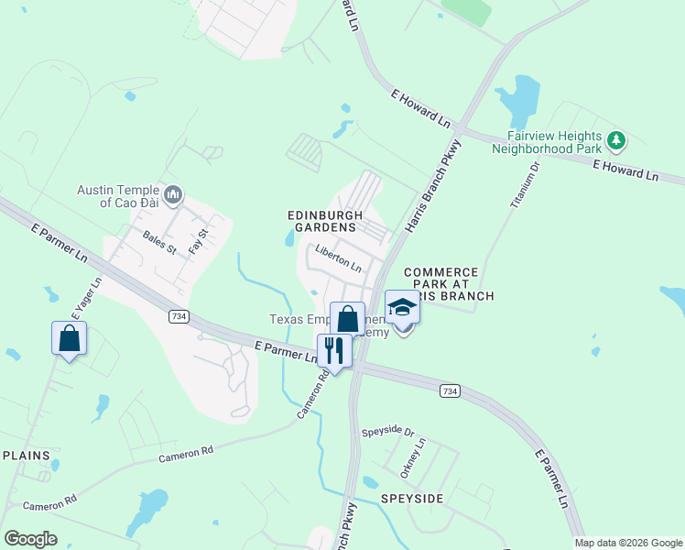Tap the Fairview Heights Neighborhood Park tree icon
617,140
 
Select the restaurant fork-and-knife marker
333,349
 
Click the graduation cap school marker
401,307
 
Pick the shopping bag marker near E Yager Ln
70,338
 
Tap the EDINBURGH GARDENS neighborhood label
321,220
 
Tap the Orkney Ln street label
414,457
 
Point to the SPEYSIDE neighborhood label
412,499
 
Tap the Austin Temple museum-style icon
174,194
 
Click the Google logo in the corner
30,539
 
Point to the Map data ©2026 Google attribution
628,543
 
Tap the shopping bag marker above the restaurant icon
347,319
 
